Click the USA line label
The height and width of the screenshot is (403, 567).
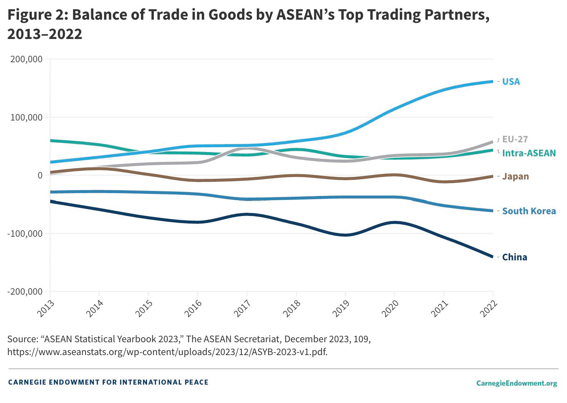point(511,82)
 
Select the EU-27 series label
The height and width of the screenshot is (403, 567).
point(515,139)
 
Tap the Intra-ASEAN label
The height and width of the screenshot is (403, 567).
point(529,153)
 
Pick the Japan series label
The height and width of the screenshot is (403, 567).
point(515,176)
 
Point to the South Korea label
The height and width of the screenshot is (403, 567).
point(529,211)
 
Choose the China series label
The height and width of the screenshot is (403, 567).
point(514,257)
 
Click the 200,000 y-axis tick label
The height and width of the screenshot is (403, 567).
point(26,59)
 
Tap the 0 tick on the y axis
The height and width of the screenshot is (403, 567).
point(40,175)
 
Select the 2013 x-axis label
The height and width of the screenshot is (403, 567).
point(46,308)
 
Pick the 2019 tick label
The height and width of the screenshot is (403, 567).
point(341,308)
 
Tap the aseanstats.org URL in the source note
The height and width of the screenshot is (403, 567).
point(167,352)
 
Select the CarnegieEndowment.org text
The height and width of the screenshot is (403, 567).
point(517,383)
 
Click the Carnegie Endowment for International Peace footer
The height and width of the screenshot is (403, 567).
point(108,382)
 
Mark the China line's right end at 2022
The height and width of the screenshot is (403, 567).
point(493,256)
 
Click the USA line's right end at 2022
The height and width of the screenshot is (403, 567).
point(493,82)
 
